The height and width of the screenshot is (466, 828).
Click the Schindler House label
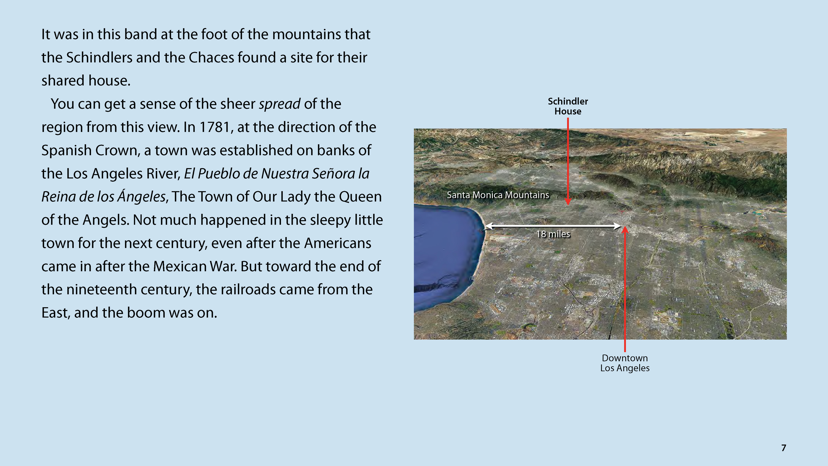pyautogui.click(x=568, y=106)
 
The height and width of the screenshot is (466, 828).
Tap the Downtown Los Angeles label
pyautogui.click(x=625, y=363)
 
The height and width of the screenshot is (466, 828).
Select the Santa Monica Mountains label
pyautogui.click(x=498, y=195)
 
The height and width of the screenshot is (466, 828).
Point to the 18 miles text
pyautogui.click(x=553, y=234)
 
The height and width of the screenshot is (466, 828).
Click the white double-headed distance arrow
pyautogui.click(x=553, y=226)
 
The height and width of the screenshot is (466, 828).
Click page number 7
pyautogui.click(x=784, y=448)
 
